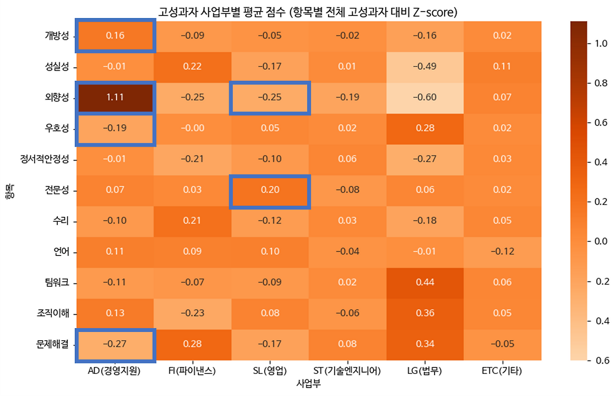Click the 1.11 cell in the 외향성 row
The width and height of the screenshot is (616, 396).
coord(115,97)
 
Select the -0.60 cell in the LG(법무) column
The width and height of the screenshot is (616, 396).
coord(424,97)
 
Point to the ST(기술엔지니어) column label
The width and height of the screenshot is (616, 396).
coord(347,371)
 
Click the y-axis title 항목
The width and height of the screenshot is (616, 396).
coord(11,190)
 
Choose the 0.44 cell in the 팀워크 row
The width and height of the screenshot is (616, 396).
coord(424,282)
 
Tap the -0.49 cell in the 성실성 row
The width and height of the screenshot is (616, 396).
coord(424,66)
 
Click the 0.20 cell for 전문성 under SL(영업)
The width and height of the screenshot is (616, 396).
coord(269,190)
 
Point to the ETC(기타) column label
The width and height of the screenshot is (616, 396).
coord(501,371)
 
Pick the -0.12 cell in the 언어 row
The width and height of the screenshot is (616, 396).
coord(502,252)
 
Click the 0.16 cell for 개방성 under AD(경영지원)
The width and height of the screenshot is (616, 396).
coord(115,36)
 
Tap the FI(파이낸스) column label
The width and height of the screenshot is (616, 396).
coord(192,371)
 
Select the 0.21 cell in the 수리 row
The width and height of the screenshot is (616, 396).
coord(192,221)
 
